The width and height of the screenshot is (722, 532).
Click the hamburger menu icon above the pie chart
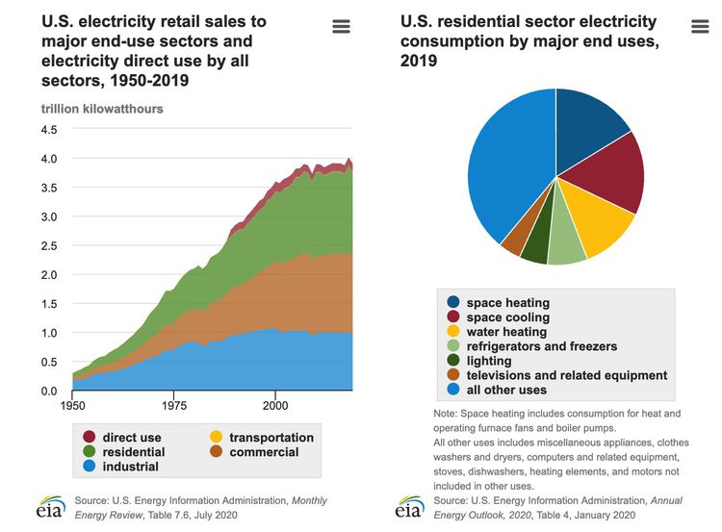tap(700, 26)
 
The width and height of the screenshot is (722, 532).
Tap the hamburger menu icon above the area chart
tap(341, 26)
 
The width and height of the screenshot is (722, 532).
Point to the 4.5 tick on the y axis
tap(48, 129)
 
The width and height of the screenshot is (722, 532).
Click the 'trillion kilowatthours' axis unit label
tap(102, 109)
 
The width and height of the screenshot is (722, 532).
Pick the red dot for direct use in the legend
tap(90, 437)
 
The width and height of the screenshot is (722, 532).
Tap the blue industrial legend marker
tap(90, 467)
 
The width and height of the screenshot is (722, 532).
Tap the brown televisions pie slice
tap(514, 240)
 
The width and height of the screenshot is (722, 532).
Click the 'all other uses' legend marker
tap(451, 390)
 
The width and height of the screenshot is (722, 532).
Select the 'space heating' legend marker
tap(451, 303)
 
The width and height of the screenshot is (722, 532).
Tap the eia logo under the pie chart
tap(409, 508)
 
